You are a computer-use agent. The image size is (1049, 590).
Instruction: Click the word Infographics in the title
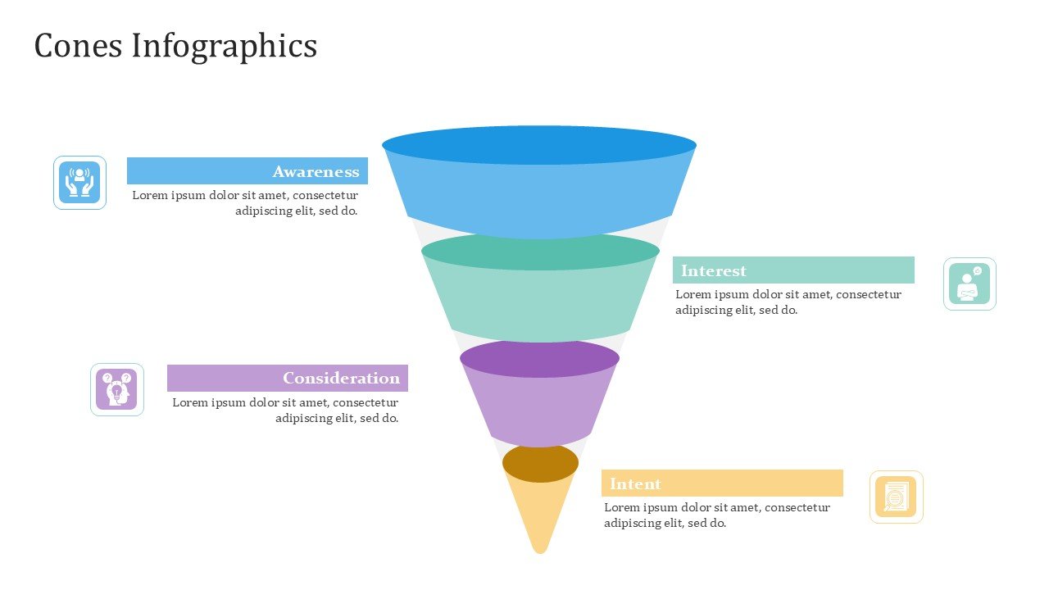(x=225, y=46)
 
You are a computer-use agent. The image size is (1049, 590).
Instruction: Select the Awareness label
(x=316, y=171)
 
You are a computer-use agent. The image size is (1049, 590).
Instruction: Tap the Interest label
(x=713, y=270)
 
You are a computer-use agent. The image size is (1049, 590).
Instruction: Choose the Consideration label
(x=341, y=378)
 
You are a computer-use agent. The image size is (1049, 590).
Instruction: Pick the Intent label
(x=635, y=483)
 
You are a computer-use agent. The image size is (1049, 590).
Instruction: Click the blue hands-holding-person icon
(x=79, y=182)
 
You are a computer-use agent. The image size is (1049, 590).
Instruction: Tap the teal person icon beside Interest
(x=970, y=284)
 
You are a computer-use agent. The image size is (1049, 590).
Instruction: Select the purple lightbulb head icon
(x=116, y=389)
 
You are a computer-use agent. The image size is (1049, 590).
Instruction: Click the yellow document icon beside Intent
(x=896, y=497)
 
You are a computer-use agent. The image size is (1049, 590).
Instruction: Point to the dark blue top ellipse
(x=538, y=145)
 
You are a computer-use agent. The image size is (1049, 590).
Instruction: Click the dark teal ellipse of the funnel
(x=540, y=252)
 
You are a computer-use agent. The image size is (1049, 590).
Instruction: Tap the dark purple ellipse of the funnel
(x=539, y=359)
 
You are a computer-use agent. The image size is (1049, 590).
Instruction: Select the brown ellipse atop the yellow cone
(x=540, y=463)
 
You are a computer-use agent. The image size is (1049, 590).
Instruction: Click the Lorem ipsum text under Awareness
(x=246, y=202)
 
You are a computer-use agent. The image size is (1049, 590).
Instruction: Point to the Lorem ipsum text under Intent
(x=716, y=515)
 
